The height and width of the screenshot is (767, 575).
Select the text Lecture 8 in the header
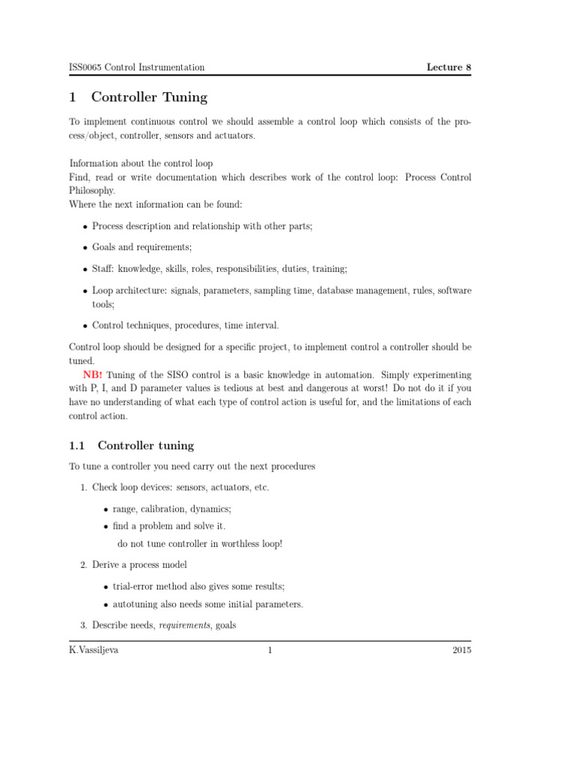pos(448,67)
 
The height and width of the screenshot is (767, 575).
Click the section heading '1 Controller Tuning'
pos(139,97)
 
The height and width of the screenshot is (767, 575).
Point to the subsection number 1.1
pos(78,446)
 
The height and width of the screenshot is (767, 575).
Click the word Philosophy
pos(92,190)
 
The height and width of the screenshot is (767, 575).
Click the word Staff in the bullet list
pos(103,268)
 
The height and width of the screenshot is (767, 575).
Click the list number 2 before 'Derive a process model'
pos(83,565)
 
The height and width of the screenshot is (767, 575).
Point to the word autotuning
pos(136,604)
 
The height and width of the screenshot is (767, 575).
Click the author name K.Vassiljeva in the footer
pos(94,650)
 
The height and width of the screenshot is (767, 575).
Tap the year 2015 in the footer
pos(462,650)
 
